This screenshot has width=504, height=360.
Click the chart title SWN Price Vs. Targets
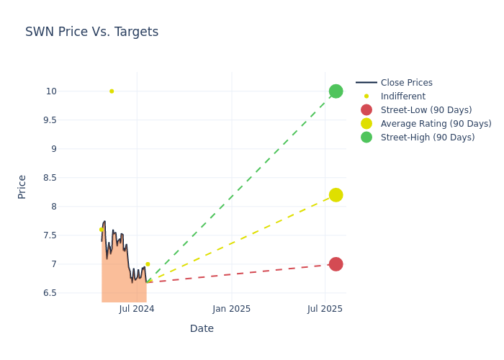[91, 32]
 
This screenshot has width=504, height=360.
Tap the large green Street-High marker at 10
[336, 91]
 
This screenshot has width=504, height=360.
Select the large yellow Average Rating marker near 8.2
[336, 195]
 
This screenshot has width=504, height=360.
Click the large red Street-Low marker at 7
[336, 264]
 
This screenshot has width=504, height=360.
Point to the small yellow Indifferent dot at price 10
[112, 91]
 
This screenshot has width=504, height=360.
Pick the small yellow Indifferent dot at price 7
[148, 264]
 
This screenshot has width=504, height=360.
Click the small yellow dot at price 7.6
[101, 230]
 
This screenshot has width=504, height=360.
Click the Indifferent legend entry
[402, 96]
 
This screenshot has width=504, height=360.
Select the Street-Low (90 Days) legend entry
[426, 110]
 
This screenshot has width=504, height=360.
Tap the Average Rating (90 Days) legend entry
[436, 124]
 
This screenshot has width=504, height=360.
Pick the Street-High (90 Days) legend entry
[427, 138]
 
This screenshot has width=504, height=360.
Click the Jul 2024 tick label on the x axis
[137, 309]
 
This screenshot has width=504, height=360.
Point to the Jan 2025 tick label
[232, 309]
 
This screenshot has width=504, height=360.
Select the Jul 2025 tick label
[325, 309]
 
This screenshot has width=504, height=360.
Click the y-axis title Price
[22, 186]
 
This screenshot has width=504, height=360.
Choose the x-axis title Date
[202, 329]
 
